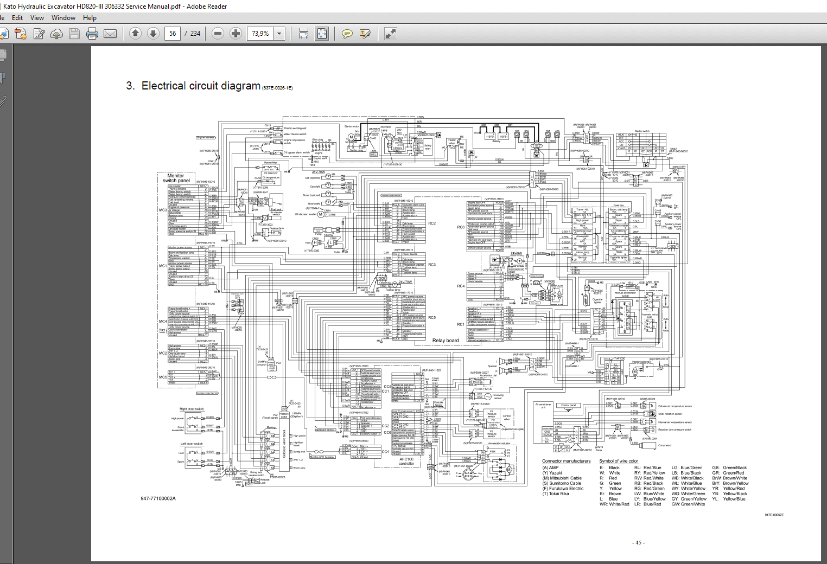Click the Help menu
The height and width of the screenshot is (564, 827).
tap(90, 18)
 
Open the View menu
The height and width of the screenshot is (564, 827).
tap(37, 18)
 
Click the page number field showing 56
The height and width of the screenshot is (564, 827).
tap(173, 34)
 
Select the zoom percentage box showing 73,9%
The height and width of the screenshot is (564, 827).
tap(260, 34)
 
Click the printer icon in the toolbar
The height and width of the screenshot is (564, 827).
tap(92, 34)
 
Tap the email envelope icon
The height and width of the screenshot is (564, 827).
tap(110, 34)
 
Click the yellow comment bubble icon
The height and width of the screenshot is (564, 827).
tap(347, 34)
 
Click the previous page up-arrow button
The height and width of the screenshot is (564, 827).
tap(136, 34)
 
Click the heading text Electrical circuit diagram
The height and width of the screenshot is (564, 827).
tap(201, 86)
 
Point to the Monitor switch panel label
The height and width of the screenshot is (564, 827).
tap(176, 178)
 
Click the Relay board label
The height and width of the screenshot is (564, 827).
tap(445, 341)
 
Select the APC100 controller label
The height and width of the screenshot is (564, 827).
tap(406, 461)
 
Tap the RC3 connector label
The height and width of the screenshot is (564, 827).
tap(432, 265)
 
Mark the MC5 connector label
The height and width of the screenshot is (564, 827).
tap(163, 377)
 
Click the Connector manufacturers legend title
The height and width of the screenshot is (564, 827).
tap(566, 461)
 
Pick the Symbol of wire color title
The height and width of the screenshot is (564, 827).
tap(619, 461)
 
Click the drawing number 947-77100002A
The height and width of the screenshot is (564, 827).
tap(158, 498)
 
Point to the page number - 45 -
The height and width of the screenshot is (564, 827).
tap(638, 542)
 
